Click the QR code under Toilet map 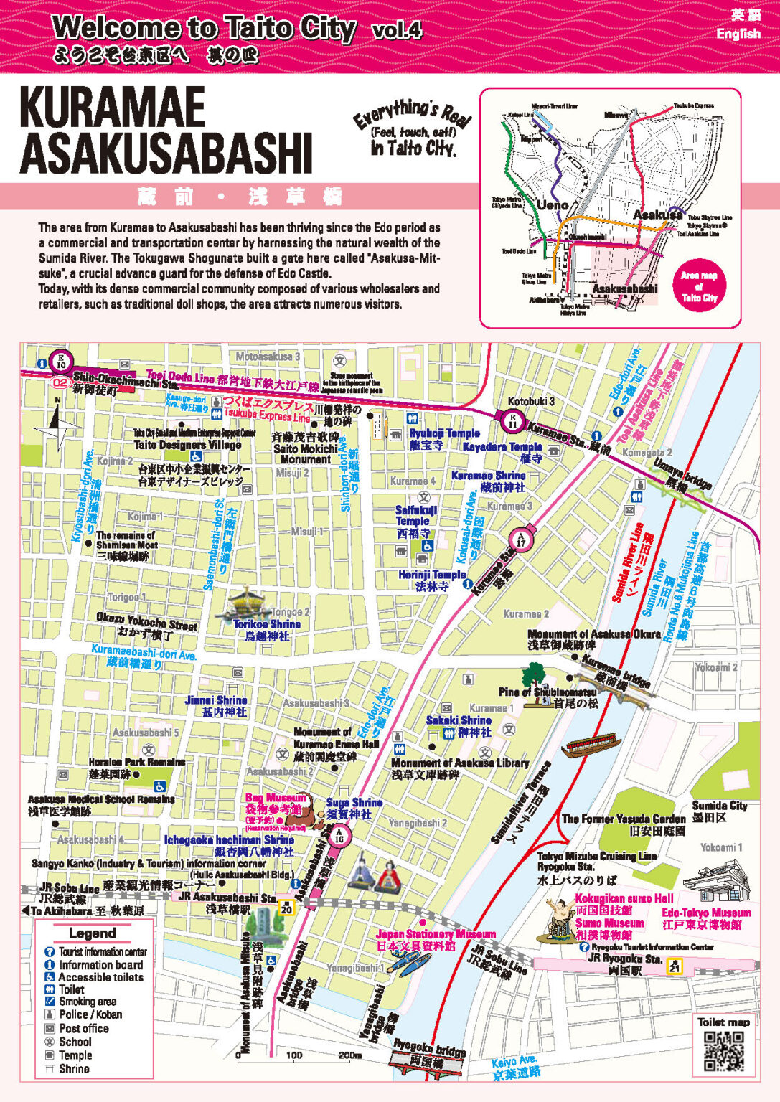tap(723, 1051)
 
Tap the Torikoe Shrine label tap(266, 624)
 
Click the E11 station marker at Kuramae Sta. tap(513, 420)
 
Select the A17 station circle tap(520, 540)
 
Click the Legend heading tap(92, 933)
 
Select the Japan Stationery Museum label tap(436, 934)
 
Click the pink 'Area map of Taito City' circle tap(699, 286)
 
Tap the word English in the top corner tap(738, 34)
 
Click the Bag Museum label tap(276, 798)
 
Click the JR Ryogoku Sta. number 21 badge tap(674, 966)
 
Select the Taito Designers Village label tap(187, 445)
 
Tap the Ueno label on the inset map tap(553, 205)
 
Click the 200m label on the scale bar tap(349, 1055)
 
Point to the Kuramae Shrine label tap(488, 475)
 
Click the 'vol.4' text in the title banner tap(397, 30)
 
